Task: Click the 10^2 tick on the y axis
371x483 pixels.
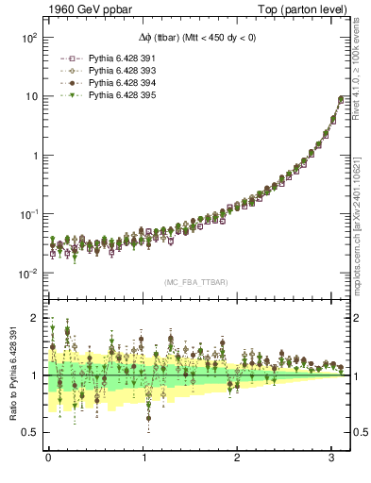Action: (27, 38)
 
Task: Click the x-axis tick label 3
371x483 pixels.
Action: (332, 458)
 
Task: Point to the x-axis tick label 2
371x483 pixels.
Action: (238, 458)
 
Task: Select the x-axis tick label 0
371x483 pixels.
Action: (48, 458)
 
